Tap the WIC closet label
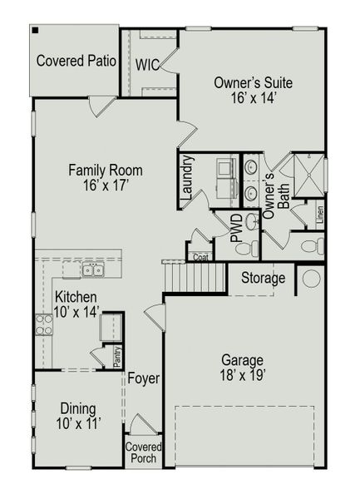tap(148, 64)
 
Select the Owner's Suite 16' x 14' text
tap(253, 90)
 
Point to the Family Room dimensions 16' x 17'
tap(105, 186)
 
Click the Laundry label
tap(187, 180)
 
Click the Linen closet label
tap(319, 215)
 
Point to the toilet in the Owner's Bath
tap(310, 246)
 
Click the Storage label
tap(263, 278)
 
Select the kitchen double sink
tap(92, 269)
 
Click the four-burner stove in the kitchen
tap(43, 324)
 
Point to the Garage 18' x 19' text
tap(242, 368)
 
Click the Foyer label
tap(143, 379)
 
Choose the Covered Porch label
tap(143, 452)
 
